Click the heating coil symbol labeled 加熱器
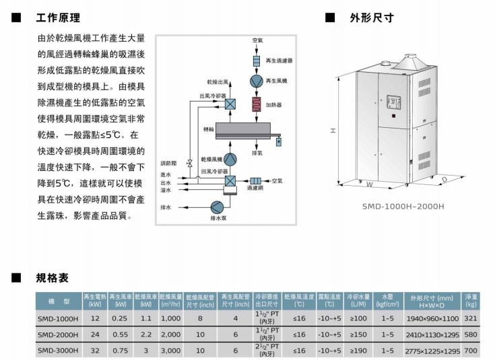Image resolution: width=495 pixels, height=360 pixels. tap(257, 105)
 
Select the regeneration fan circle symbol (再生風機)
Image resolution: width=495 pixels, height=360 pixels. tap(257, 81)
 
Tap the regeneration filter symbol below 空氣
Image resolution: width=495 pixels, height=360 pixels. tap(257, 61)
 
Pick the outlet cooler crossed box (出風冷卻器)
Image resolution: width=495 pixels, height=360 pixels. tap(230, 104)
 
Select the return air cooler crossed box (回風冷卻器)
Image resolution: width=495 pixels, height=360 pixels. tap(230, 181)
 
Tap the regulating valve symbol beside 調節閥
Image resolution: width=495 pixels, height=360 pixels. tap(190, 163)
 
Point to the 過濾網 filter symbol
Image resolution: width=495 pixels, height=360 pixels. tap(256, 181)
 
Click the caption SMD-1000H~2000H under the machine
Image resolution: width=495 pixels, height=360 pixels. tap(404, 207)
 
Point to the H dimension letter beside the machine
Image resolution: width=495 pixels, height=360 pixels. tap(333, 131)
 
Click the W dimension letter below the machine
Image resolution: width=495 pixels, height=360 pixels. tap(369, 184)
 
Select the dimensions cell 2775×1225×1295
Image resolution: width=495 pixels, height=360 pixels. tap(432, 351)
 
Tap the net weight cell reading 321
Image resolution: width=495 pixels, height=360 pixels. tap(471, 318)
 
